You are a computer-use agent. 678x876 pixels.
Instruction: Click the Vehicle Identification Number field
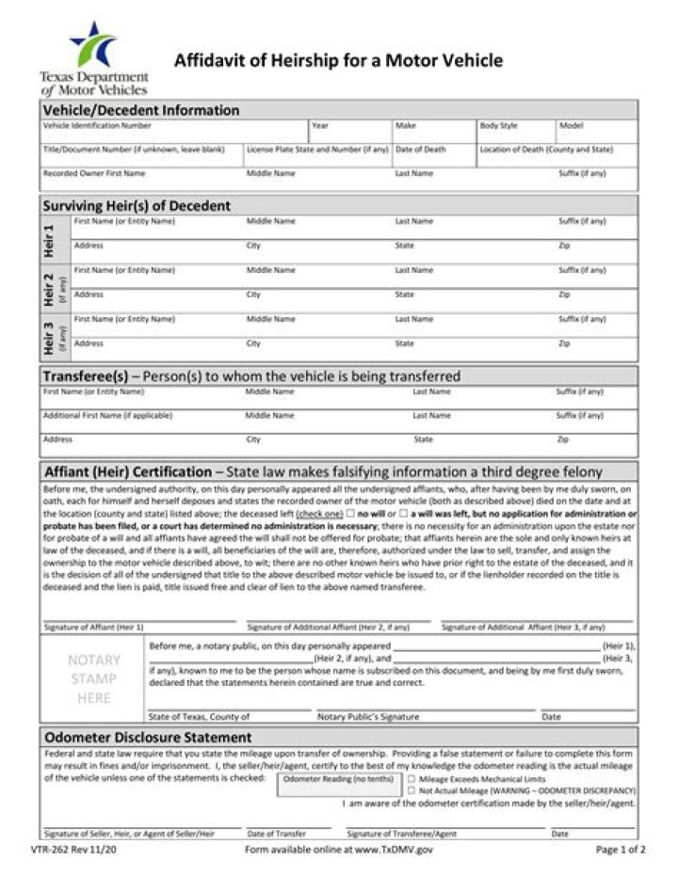(x=174, y=135)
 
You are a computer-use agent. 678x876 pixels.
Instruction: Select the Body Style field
(x=514, y=135)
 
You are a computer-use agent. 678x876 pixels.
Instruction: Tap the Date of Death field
(x=433, y=158)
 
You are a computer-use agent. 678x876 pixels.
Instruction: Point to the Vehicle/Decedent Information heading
(x=141, y=110)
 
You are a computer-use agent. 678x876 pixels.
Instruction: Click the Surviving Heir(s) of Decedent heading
(x=137, y=205)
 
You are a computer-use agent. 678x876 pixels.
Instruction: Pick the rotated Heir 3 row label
(x=50, y=336)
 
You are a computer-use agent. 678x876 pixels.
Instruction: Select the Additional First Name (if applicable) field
(x=141, y=422)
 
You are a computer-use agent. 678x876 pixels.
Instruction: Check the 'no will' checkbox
(x=350, y=514)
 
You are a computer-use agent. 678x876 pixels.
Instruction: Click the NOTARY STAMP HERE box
(x=93, y=678)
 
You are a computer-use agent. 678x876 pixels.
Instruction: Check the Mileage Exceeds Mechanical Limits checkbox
(x=411, y=779)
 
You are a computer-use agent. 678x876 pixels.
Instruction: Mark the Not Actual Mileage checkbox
(x=411, y=791)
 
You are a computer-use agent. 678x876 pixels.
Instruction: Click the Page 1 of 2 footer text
(x=620, y=850)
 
